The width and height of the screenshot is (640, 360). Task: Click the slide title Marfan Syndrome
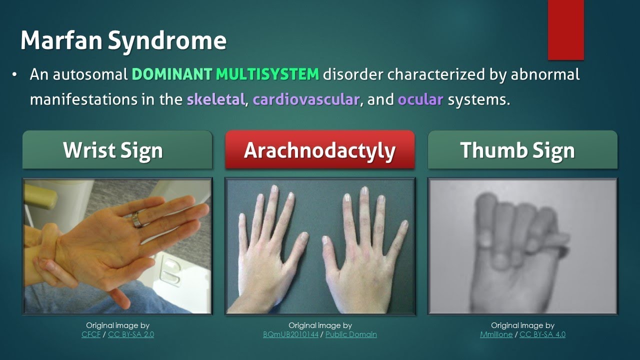[123, 41]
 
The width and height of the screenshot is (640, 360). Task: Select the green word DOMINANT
[172, 74]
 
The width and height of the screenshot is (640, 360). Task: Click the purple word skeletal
[215, 99]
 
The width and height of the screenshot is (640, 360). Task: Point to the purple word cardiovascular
[306, 99]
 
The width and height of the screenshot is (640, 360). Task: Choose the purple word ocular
[420, 99]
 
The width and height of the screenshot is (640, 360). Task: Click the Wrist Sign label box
[117, 149]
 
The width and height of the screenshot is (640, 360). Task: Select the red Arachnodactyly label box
[319, 149]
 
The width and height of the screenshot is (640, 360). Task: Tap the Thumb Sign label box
[522, 149]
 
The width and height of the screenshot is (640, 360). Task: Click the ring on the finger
[137, 219]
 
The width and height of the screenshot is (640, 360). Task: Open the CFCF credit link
[91, 334]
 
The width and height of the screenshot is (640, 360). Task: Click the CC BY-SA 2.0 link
[131, 334]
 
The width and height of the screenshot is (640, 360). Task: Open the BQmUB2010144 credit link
[290, 334]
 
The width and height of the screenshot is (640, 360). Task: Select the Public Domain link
[351, 334]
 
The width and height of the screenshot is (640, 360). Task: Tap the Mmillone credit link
[496, 334]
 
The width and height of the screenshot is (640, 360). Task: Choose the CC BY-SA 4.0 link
[542, 334]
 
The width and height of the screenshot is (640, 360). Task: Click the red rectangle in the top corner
[565, 30]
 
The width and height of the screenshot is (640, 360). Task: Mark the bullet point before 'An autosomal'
[14, 75]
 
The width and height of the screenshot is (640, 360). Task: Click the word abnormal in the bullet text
[545, 74]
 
